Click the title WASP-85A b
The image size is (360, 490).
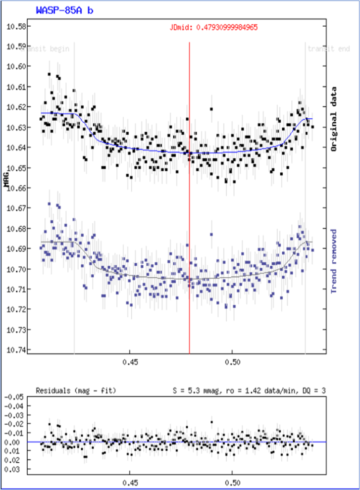[x=64, y=9]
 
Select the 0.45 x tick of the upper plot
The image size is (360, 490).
[x=130, y=362]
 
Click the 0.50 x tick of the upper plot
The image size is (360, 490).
[x=233, y=362]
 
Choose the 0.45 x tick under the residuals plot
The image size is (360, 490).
[x=130, y=481]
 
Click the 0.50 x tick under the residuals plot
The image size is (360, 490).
[x=233, y=481]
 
